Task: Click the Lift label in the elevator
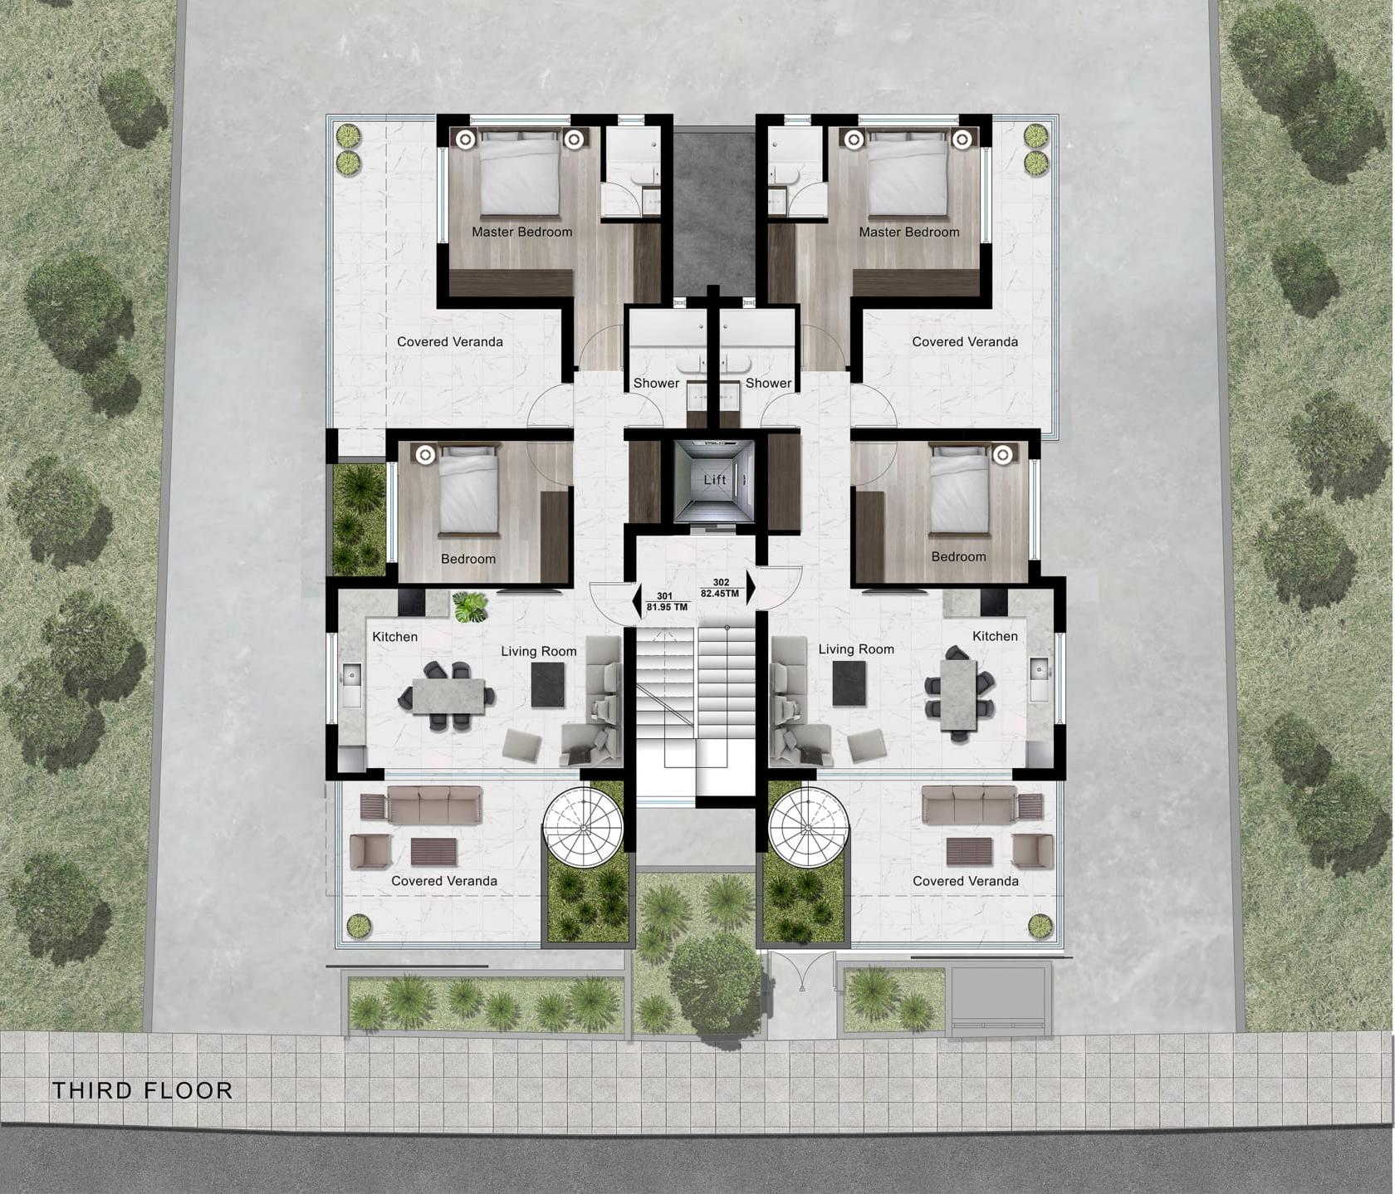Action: [x=715, y=480]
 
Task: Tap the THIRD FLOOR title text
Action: [x=143, y=1090]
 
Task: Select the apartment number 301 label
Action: [x=664, y=596]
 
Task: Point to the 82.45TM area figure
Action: [x=720, y=594]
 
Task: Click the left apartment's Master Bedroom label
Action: [x=521, y=232]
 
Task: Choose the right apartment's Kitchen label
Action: [x=995, y=636]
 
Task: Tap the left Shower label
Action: [x=656, y=383]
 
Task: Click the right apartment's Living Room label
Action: [x=856, y=649]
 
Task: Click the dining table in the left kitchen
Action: [x=448, y=696]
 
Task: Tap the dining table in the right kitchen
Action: [x=959, y=696]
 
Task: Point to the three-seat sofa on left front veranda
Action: [x=435, y=805]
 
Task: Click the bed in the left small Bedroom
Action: [x=468, y=490]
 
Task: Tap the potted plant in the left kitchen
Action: [x=470, y=606]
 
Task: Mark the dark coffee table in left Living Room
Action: [x=548, y=685]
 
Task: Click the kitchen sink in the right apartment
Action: [x=1039, y=680]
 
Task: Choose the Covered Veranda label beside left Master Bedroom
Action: [x=449, y=341]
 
